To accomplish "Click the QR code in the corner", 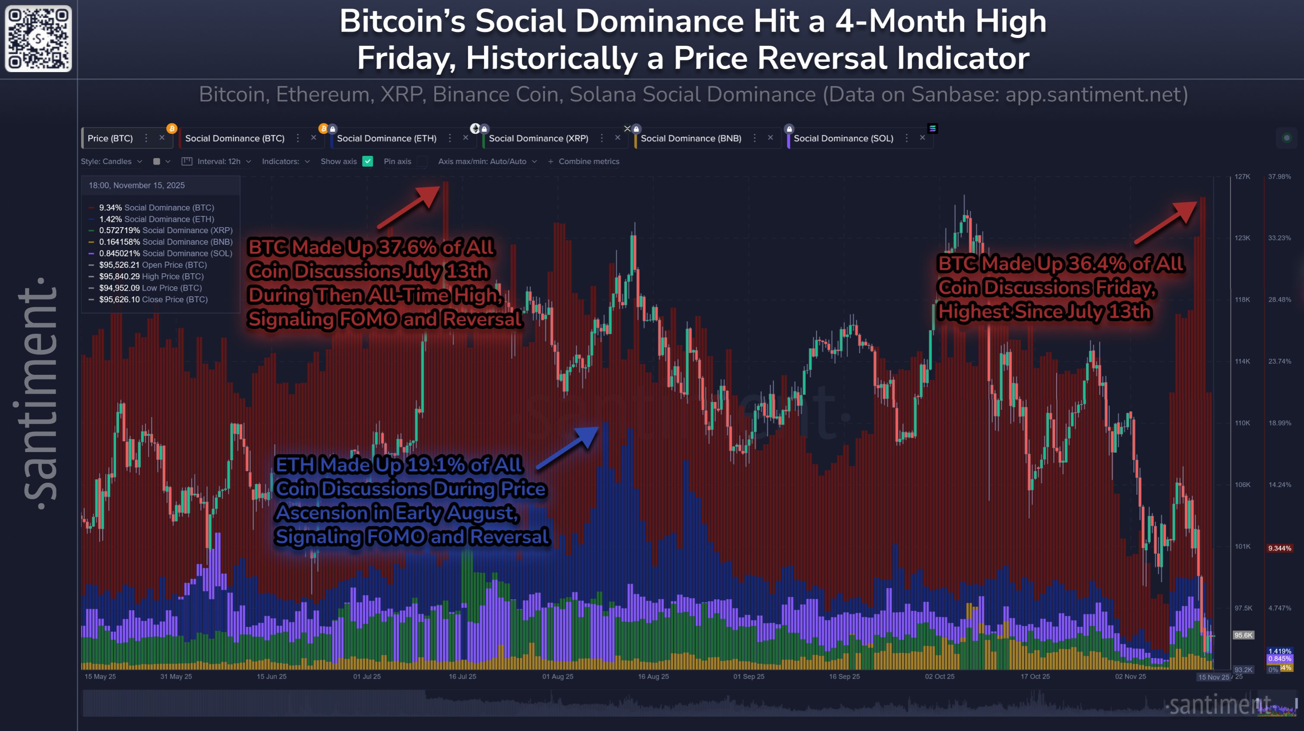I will pyautogui.click(x=38, y=38).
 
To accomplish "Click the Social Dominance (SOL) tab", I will pyautogui.click(x=843, y=138).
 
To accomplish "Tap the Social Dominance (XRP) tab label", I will pyautogui.click(x=538, y=138).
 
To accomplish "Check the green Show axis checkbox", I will pyautogui.click(x=368, y=161).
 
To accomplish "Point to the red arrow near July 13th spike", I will pyautogui.click(x=409, y=206).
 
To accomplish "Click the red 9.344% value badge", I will pyautogui.click(x=1279, y=548).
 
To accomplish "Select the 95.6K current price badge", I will pyautogui.click(x=1243, y=635).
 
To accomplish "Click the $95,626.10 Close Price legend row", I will pyautogui.click(x=153, y=299).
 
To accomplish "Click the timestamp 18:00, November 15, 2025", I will pyautogui.click(x=137, y=185).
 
